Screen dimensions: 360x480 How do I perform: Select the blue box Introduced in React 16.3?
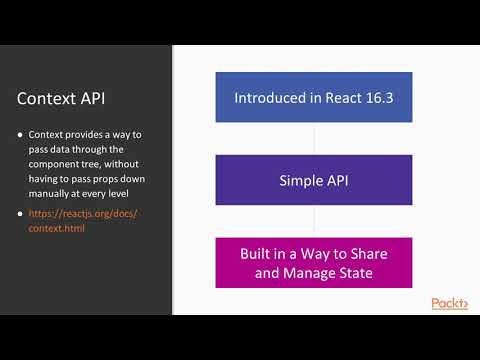(x=314, y=98)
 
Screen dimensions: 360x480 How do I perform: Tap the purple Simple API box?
(x=314, y=181)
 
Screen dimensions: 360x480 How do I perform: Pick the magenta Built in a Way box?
(x=314, y=262)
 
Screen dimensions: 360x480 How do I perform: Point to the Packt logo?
(x=449, y=303)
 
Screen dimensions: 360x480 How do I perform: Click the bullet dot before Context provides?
(x=21, y=135)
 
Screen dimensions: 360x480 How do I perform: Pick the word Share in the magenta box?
(x=365, y=253)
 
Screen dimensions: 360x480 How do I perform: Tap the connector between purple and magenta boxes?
(x=314, y=219)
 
